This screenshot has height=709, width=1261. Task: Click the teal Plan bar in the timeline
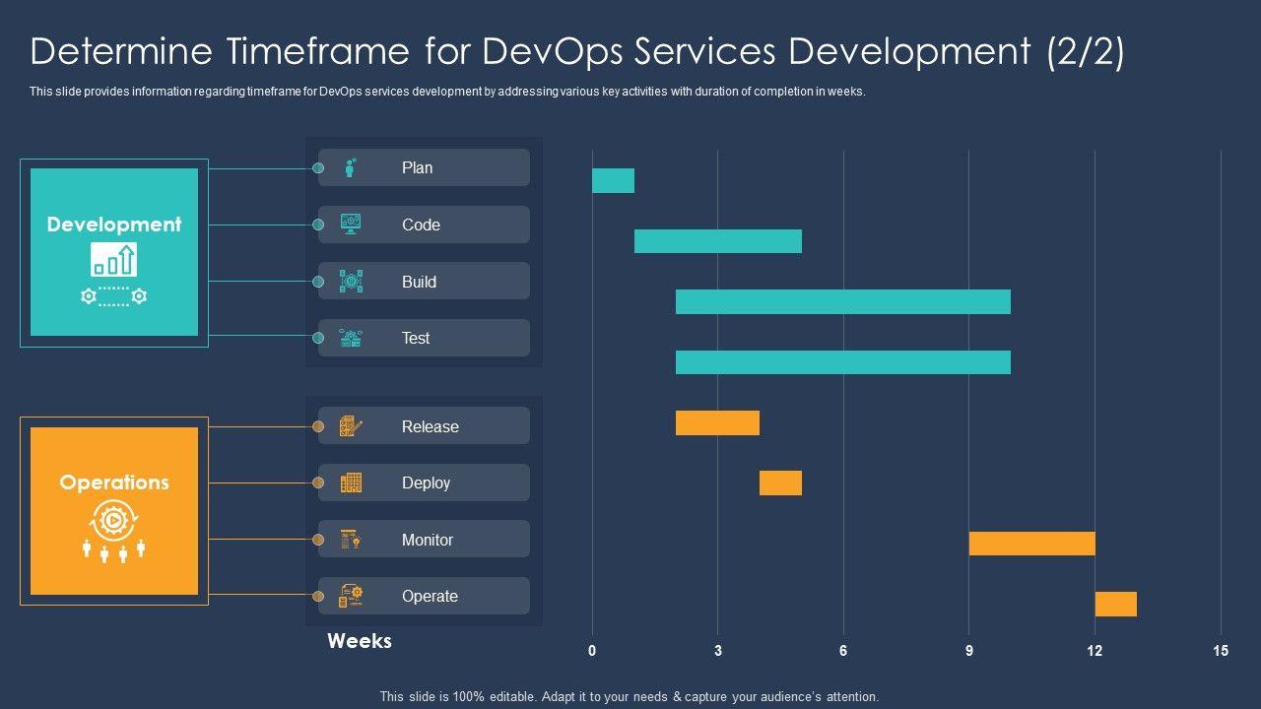(x=613, y=180)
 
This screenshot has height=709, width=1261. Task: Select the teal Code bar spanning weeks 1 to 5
(x=717, y=241)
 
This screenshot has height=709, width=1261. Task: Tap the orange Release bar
(x=717, y=422)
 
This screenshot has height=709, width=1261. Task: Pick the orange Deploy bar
(x=780, y=483)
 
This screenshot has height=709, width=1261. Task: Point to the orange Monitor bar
(x=1031, y=544)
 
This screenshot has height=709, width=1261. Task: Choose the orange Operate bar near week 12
(x=1115, y=604)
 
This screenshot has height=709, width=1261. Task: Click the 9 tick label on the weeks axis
(x=969, y=651)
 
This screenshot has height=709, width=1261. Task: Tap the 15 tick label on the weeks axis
(x=1221, y=651)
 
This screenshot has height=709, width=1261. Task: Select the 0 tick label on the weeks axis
(x=592, y=651)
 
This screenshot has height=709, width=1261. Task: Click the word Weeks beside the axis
(x=360, y=641)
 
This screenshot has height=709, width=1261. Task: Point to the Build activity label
(x=419, y=282)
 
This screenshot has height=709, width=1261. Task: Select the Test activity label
(x=416, y=338)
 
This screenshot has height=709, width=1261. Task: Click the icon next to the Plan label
(x=351, y=167)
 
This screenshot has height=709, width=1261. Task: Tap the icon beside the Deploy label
(x=351, y=483)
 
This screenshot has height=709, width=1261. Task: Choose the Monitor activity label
(x=428, y=540)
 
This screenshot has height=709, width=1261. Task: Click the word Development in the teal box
(x=114, y=225)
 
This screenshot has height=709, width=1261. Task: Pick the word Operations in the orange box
(x=114, y=483)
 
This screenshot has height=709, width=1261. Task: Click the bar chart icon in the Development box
(x=114, y=260)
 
